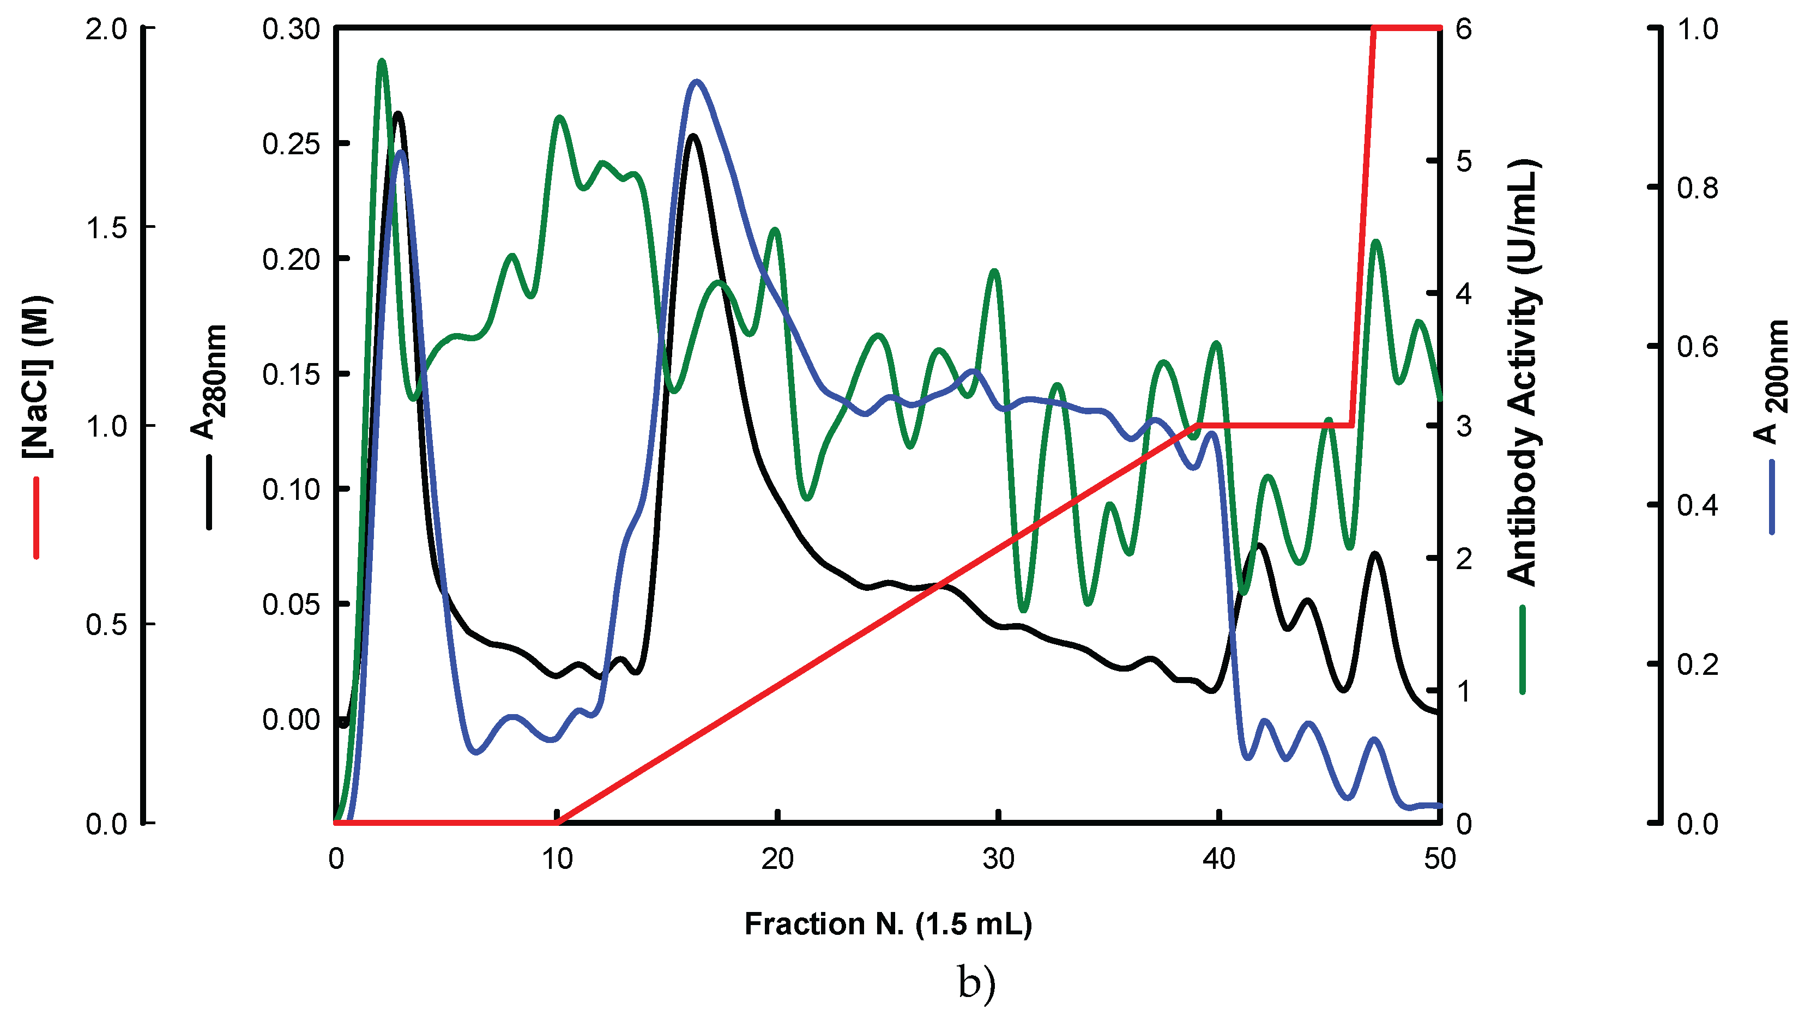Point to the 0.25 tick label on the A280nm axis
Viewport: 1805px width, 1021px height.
291,144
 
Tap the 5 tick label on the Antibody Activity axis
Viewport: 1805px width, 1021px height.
1464,162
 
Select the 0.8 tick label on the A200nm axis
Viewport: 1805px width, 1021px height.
1697,188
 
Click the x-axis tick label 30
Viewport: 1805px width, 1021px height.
998,860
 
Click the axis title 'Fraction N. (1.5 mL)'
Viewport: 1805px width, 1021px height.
888,924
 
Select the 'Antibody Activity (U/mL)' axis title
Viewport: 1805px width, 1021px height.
1523,372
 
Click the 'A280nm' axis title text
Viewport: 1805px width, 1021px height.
209,382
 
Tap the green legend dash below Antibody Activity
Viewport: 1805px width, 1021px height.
1523,649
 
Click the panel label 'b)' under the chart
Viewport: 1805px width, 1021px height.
976,983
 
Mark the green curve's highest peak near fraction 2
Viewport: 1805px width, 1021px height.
382,62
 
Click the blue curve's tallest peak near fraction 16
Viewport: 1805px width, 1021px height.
696,82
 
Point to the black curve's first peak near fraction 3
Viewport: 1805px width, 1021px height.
399,113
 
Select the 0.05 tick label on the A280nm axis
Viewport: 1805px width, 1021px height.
291,605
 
